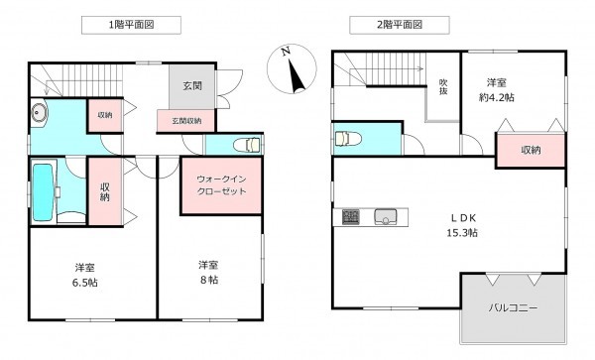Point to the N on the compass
pyautogui.click(x=285, y=51)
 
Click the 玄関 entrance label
pyautogui.click(x=191, y=86)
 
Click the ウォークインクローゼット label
pyautogui.click(x=219, y=184)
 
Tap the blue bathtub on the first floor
pyautogui.click(x=44, y=189)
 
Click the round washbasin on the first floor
pyautogui.click(x=39, y=112)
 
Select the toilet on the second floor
pyautogui.click(x=346, y=139)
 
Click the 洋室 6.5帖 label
pyautogui.click(x=85, y=275)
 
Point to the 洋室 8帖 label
pyautogui.click(x=207, y=273)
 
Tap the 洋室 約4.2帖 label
pyautogui.click(x=501, y=88)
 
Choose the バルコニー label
pyautogui.click(x=513, y=308)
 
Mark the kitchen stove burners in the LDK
pyautogui.click(x=352, y=216)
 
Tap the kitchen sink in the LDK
pyautogui.click(x=384, y=216)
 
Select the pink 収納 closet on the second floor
pyautogui.click(x=531, y=150)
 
